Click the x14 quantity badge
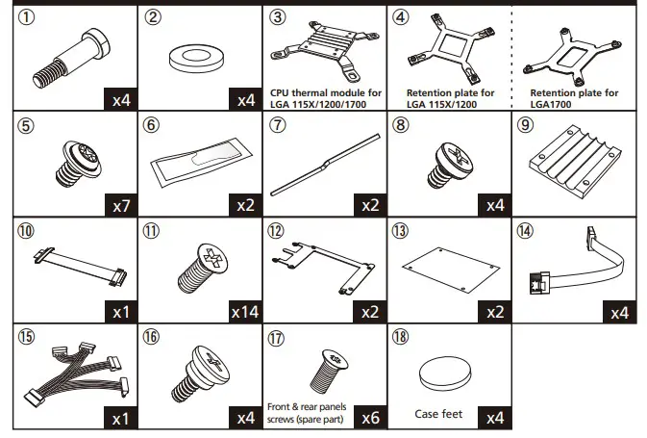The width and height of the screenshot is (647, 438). pyautogui.click(x=243, y=311)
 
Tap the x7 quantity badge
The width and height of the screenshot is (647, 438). pyautogui.click(x=119, y=205)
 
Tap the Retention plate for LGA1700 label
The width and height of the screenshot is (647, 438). pyautogui.click(x=575, y=98)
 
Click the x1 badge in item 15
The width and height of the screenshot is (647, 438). pyautogui.click(x=119, y=417)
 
